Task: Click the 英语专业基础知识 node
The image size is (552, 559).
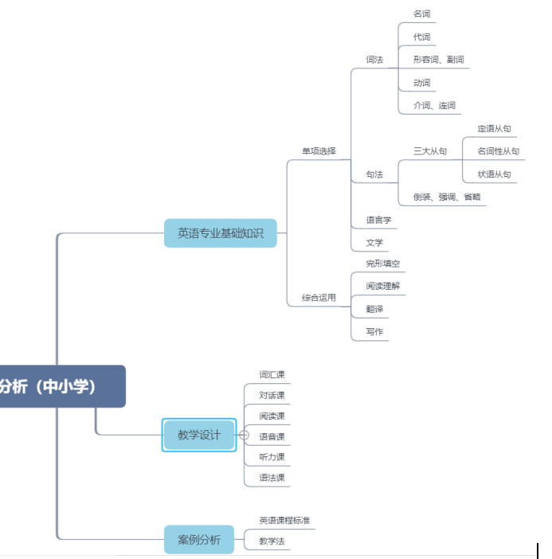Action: (221, 233)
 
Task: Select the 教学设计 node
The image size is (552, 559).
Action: (198, 435)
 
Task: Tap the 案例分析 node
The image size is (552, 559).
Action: (198, 540)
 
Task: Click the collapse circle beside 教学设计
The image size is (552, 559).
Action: (244, 435)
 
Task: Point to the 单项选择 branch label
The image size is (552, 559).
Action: (319, 150)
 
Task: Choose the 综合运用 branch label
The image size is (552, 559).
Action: (319, 298)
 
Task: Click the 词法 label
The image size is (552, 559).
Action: (374, 60)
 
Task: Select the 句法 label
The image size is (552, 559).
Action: (374, 174)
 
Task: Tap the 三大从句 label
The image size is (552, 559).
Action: (430, 150)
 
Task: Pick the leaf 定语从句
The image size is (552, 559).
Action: (494, 128)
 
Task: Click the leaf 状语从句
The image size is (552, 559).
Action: (494, 174)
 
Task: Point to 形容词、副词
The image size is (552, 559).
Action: (438, 60)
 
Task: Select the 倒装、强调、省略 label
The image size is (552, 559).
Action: (446, 197)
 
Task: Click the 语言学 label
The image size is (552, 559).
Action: (378, 220)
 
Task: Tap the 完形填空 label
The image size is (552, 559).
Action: (382, 264)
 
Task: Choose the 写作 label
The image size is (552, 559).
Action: (374, 332)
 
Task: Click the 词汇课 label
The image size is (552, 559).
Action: (272, 374)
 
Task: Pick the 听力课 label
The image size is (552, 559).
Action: (272, 457)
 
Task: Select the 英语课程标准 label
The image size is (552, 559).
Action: (284, 521)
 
